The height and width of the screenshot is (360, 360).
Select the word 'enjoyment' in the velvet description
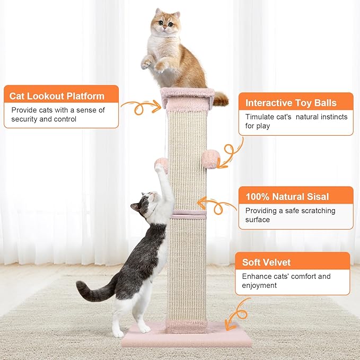click(x=260, y=285)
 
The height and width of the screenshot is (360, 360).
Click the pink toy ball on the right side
click(x=211, y=159)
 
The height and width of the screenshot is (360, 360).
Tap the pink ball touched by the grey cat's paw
click(x=161, y=164)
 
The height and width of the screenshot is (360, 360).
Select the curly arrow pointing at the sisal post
click(x=217, y=205)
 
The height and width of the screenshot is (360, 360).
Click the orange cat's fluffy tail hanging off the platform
click(x=221, y=98)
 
